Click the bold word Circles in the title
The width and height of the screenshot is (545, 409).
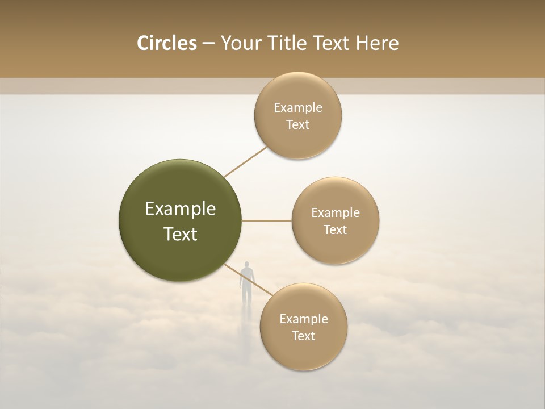[x=166, y=43]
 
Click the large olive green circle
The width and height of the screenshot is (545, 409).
[x=181, y=220]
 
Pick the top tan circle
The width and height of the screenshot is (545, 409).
[x=297, y=116]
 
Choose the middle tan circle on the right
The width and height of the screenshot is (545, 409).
[x=335, y=221]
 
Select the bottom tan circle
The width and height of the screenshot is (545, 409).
[x=303, y=327]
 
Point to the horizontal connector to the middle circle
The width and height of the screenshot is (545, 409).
[x=266, y=220]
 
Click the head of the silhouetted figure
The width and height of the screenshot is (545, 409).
[x=246, y=265]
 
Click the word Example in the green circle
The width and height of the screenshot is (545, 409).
[x=181, y=209]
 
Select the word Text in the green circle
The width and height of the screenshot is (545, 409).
[x=181, y=234]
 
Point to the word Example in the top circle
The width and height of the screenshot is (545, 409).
[x=297, y=108]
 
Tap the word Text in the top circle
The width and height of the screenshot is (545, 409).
[x=297, y=124]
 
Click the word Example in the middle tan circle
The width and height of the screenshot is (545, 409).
[x=335, y=213]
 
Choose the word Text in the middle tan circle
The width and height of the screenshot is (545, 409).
[x=335, y=229]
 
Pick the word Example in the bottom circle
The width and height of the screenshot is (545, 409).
[x=303, y=319]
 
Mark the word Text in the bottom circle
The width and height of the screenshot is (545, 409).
[x=303, y=336]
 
